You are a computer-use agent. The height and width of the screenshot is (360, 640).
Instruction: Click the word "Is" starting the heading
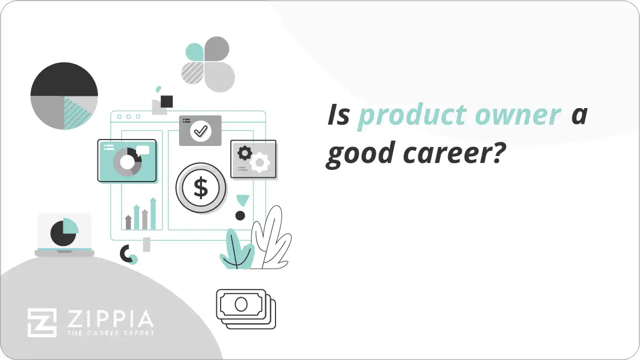[337, 116]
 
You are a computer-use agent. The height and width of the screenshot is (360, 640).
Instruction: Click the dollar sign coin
[201, 187]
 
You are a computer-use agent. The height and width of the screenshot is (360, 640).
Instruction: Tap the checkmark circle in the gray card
[200, 130]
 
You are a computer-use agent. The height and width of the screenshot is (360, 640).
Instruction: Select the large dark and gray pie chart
[64, 96]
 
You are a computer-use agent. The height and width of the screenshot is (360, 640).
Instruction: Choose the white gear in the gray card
[260, 162]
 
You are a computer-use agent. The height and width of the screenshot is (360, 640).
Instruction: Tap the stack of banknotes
[245, 308]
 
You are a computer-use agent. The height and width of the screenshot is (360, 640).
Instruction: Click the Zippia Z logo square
[42, 323]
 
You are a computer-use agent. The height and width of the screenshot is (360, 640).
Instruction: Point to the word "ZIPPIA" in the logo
[110, 320]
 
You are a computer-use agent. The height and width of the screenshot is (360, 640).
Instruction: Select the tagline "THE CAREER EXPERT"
[110, 333]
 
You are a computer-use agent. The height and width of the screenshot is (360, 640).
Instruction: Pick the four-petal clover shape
[208, 64]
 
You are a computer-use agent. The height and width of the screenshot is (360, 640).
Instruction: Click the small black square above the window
[167, 101]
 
